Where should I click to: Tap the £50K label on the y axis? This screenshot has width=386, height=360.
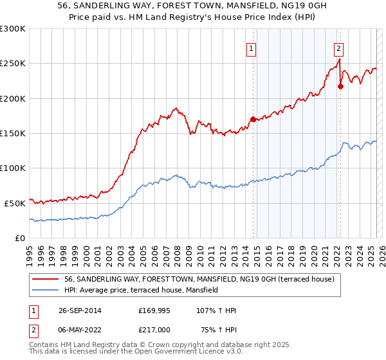coord(15,203)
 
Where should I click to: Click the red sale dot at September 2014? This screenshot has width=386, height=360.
coord(253,119)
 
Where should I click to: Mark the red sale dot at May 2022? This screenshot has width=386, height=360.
coord(340,86)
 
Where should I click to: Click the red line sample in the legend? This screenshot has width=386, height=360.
coord(46,280)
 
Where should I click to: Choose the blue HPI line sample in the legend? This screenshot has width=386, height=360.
coord(46,290)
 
